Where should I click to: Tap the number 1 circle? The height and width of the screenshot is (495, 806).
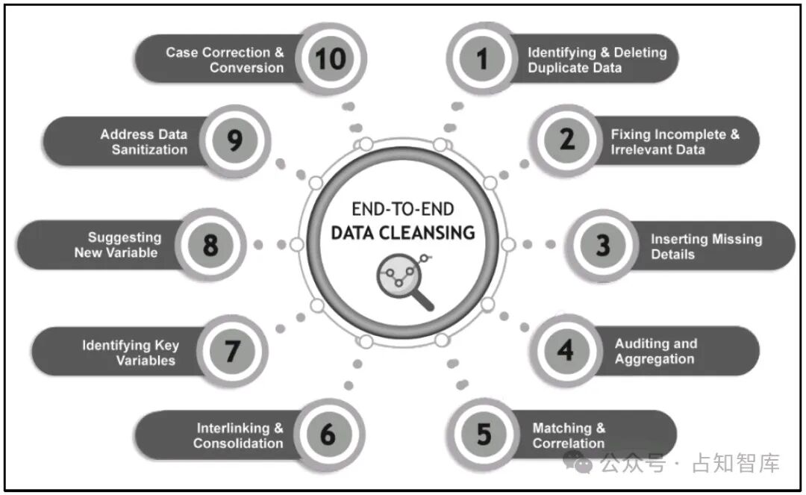[482, 58]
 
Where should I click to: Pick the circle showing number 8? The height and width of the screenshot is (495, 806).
[210, 244]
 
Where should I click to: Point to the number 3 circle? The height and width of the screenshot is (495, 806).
[602, 245]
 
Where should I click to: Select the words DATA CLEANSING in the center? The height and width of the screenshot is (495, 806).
[403, 233]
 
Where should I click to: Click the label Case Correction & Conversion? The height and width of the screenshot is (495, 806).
[225, 60]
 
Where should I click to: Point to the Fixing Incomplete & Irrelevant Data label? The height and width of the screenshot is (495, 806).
[675, 141]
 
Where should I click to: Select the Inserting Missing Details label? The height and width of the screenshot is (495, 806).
[706, 246]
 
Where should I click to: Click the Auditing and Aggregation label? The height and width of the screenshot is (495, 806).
[655, 351]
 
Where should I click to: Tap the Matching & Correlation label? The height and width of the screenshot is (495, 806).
[569, 435]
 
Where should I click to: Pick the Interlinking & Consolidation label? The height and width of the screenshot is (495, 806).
[239, 435]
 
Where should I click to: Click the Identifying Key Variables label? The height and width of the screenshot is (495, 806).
[131, 352]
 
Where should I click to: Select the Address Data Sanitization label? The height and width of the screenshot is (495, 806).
[143, 141]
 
